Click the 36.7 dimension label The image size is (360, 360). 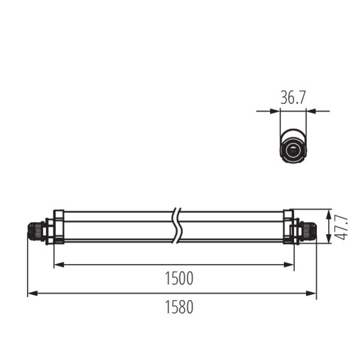coord(293,98)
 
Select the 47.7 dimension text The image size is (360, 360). coord(342,228)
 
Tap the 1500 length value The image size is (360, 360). coord(179,278)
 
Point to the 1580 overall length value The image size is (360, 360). coord(179,307)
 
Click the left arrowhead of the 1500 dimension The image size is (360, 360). coord(59,265)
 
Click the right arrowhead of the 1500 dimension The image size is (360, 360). coord(289,265)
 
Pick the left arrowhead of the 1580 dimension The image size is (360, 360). coord(32,293)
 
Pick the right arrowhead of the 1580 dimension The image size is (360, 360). coord(311,293)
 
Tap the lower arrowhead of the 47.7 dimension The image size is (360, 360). coord(329,238)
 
